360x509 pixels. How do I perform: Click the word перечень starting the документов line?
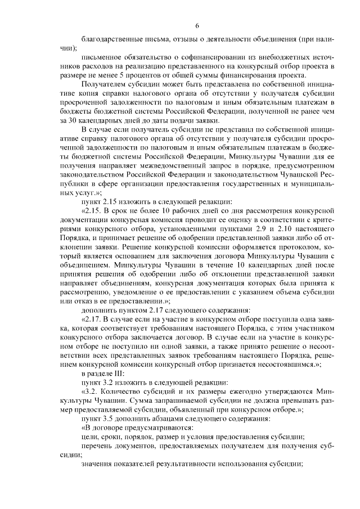coord(98,445)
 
